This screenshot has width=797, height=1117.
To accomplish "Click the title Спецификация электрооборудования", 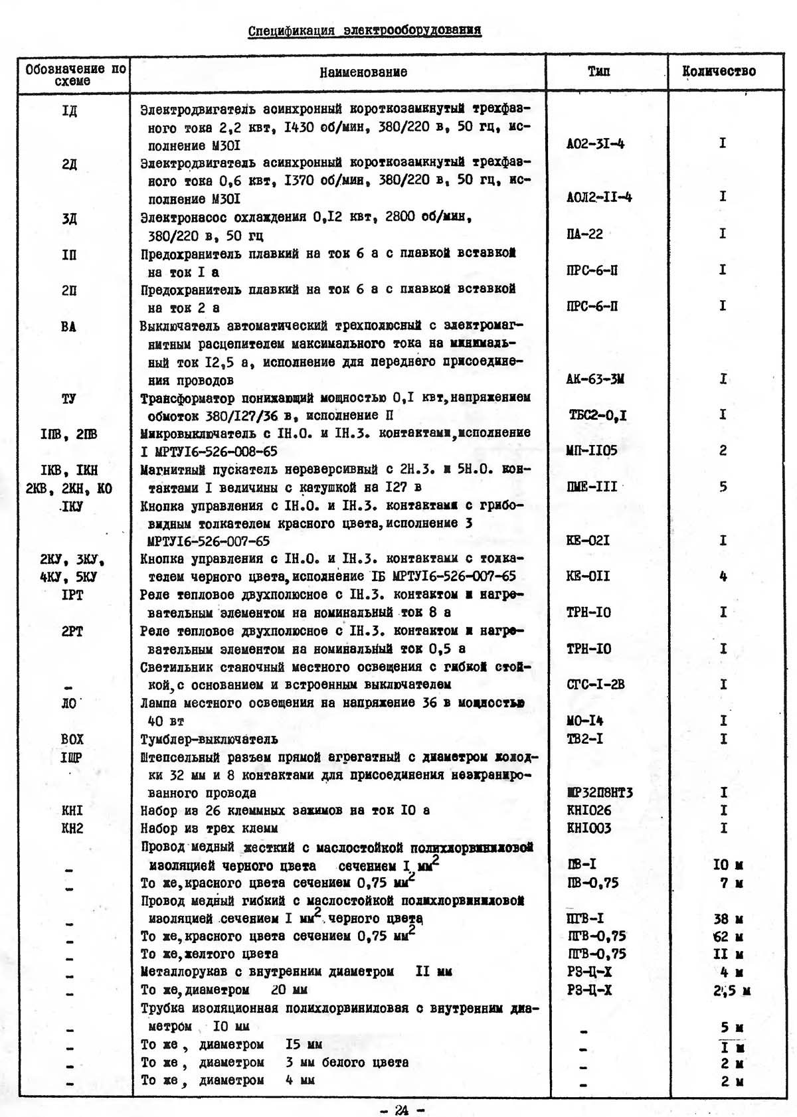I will coord(365,31).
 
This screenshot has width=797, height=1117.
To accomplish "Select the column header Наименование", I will coord(363,72).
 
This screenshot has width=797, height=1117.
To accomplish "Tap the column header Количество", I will coord(719,72).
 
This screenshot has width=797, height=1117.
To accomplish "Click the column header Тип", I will coord(598,72).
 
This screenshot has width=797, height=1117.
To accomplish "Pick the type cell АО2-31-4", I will coord(595,143).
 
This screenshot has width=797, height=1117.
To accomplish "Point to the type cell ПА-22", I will coord(584,234).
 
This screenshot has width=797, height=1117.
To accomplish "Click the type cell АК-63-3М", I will coord(595,380).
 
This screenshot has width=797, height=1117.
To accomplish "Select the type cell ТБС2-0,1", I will coord(597,416).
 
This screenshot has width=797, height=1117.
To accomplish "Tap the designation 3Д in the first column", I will coord(69,218).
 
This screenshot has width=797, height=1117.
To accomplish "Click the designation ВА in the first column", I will coord(68,327).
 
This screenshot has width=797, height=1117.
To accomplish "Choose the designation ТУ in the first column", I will coord(68,398).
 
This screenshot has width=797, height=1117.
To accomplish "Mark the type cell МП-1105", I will coord(592,451).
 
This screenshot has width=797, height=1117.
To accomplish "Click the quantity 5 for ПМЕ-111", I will coord(723,487).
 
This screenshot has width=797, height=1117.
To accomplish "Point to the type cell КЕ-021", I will coord(588,541).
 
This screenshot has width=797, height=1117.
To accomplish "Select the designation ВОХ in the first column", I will coord(72,739).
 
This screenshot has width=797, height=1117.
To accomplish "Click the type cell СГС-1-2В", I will coord(595,685).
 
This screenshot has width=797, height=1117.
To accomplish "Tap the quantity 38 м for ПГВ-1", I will coord(728,919).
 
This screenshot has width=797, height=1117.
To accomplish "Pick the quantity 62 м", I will coord(728,937).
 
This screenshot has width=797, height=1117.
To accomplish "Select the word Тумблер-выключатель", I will coord(209,739).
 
